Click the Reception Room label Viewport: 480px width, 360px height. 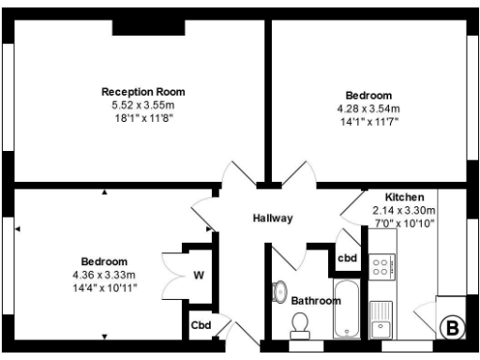tap(142, 92)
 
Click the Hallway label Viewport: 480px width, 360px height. tap(273, 217)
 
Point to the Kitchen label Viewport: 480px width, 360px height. tap(404, 198)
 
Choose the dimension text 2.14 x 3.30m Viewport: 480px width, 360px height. tap(404, 210)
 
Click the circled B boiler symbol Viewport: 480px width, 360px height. tap(451, 327)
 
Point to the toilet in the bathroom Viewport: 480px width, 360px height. tap(301, 323)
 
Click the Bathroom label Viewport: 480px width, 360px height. tap(315, 301)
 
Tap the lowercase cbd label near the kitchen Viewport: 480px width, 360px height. tap(347, 258)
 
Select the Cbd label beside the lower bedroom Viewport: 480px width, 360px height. tap(200, 325)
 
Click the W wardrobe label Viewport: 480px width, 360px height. tap(199, 276)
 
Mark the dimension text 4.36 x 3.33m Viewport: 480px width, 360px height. tap(104, 275)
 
